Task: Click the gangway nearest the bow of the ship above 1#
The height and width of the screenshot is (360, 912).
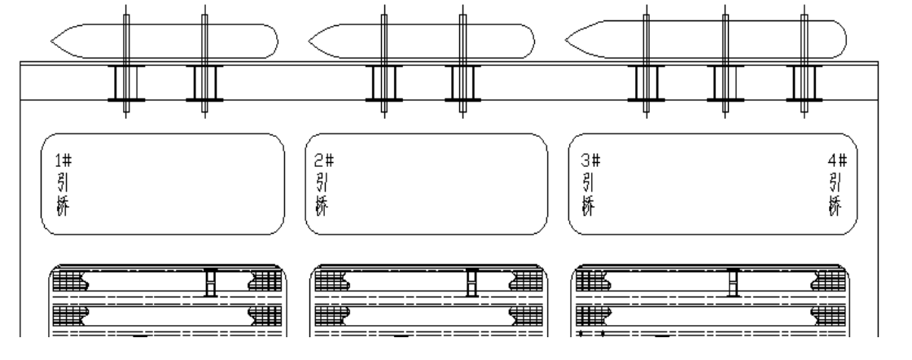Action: pyautogui.click(x=126, y=82)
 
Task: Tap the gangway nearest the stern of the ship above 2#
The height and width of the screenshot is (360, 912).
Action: pyautogui.click(x=463, y=82)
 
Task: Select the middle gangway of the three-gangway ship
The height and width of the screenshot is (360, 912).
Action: pyautogui.click(x=724, y=82)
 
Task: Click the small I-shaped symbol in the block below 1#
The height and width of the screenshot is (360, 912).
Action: pyautogui.click(x=211, y=282)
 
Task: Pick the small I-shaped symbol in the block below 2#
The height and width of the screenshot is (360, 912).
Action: pyautogui.click(x=471, y=282)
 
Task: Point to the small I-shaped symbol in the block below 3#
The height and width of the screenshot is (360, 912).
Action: pyautogui.click(x=734, y=282)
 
